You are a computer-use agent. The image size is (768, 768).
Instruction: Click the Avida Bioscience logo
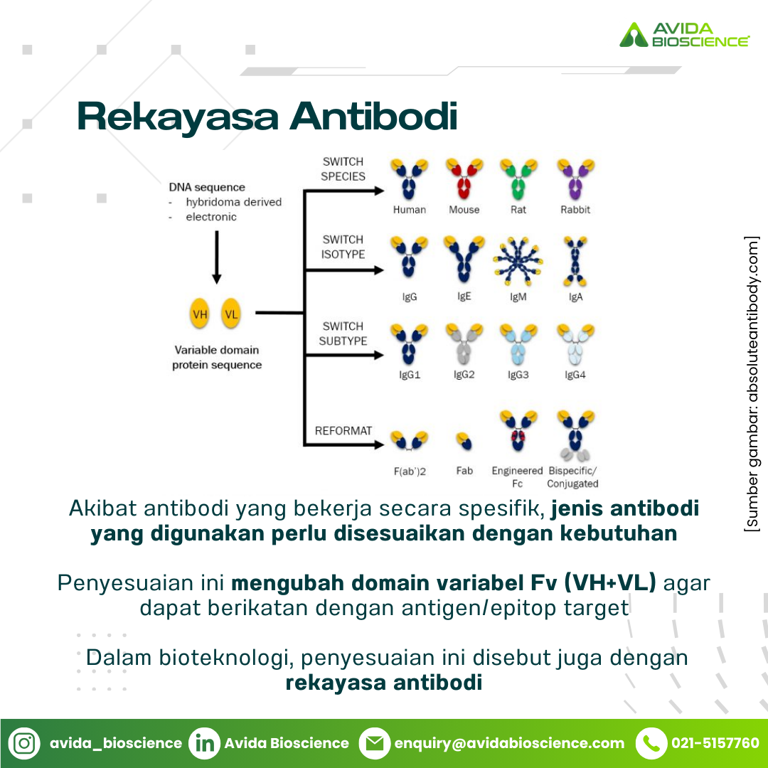[x=684, y=34]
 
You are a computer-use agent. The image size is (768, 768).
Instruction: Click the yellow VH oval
[x=199, y=314]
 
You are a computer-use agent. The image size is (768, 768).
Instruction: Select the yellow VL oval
[x=230, y=314]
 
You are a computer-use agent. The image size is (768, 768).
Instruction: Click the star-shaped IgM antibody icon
[x=518, y=262]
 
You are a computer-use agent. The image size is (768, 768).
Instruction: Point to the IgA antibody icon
[x=575, y=262]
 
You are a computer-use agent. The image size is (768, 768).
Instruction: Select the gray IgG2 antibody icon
[x=464, y=344]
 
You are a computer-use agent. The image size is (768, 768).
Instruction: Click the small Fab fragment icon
[x=464, y=441]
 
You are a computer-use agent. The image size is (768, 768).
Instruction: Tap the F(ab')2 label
[x=410, y=471]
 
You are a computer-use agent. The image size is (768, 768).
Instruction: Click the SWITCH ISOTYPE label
[x=343, y=247]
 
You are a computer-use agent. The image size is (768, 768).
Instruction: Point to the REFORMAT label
[x=343, y=430]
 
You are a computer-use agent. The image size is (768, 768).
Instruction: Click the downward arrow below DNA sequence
[x=216, y=257]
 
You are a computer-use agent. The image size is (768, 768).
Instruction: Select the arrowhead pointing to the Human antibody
[x=378, y=191]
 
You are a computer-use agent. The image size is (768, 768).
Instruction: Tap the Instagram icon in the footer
[x=24, y=743]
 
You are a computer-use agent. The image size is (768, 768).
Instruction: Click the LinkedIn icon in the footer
[x=204, y=743]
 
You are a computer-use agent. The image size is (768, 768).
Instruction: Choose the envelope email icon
[x=375, y=743]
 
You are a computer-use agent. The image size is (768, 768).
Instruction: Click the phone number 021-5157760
[x=715, y=743]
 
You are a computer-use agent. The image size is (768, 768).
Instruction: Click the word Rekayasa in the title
[x=178, y=117]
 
